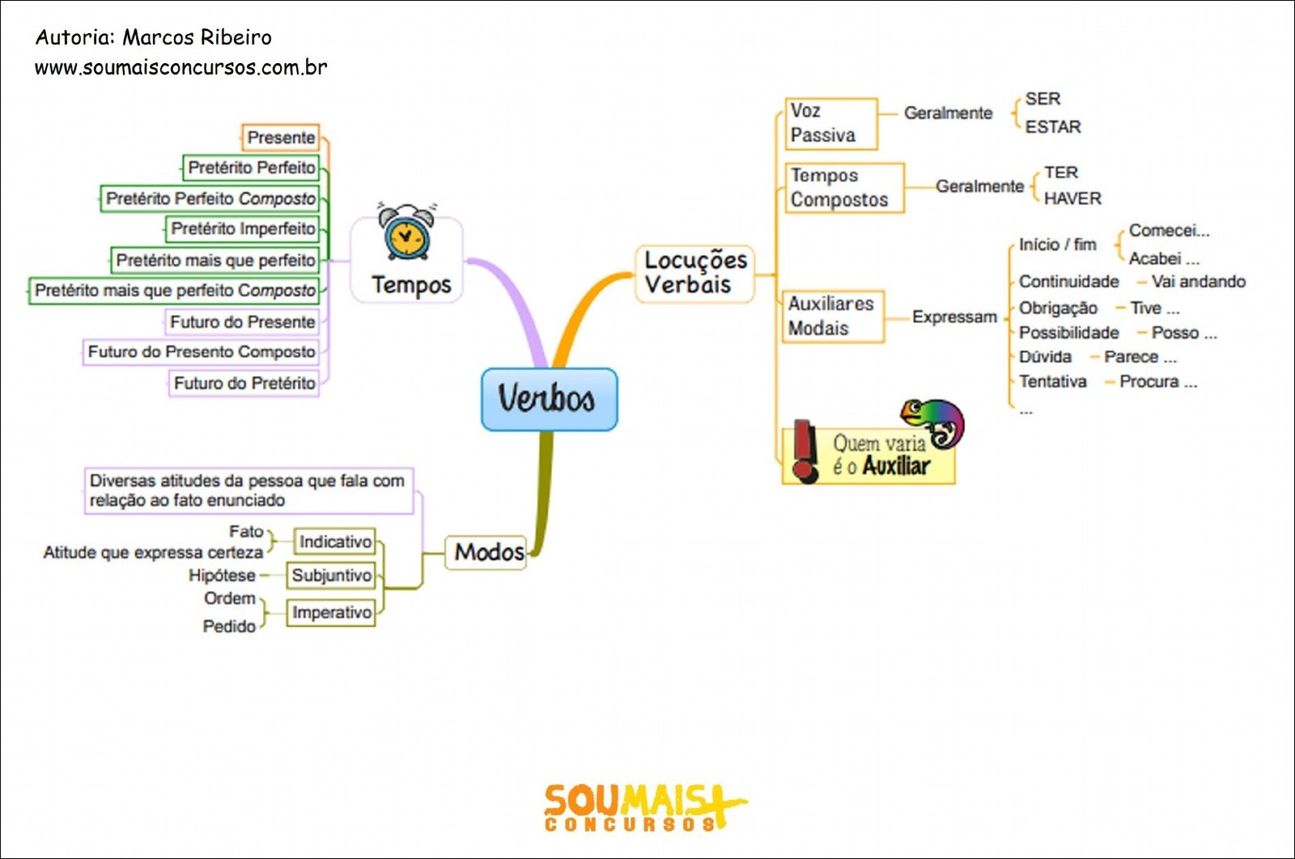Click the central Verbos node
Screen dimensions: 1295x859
pos(550,399)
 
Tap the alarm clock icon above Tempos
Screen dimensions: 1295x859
pos(406,232)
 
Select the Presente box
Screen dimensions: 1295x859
pos(280,138)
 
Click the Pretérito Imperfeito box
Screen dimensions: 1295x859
pos(243,229)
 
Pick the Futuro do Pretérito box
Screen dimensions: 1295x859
pos(244,383)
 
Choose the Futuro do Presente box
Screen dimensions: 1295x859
pos(242,321)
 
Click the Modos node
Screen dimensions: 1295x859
pos(486,552)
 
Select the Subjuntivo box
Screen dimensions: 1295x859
pos(331,576)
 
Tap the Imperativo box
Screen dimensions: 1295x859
pos(331,612)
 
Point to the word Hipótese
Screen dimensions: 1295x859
pos(222,576)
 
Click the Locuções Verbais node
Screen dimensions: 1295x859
pos(695,274)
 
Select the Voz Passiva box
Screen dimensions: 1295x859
pos(831,124)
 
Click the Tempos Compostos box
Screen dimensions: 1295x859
pos(845,188)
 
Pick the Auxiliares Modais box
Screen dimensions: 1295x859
pos(833,317)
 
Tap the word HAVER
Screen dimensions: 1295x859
pos(1072,198)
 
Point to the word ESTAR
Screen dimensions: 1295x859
pos(1053,126)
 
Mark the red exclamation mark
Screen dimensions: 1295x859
pos(805,452)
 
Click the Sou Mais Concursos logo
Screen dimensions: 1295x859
pos(646,808)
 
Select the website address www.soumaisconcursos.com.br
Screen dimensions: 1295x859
pos(181,68)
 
